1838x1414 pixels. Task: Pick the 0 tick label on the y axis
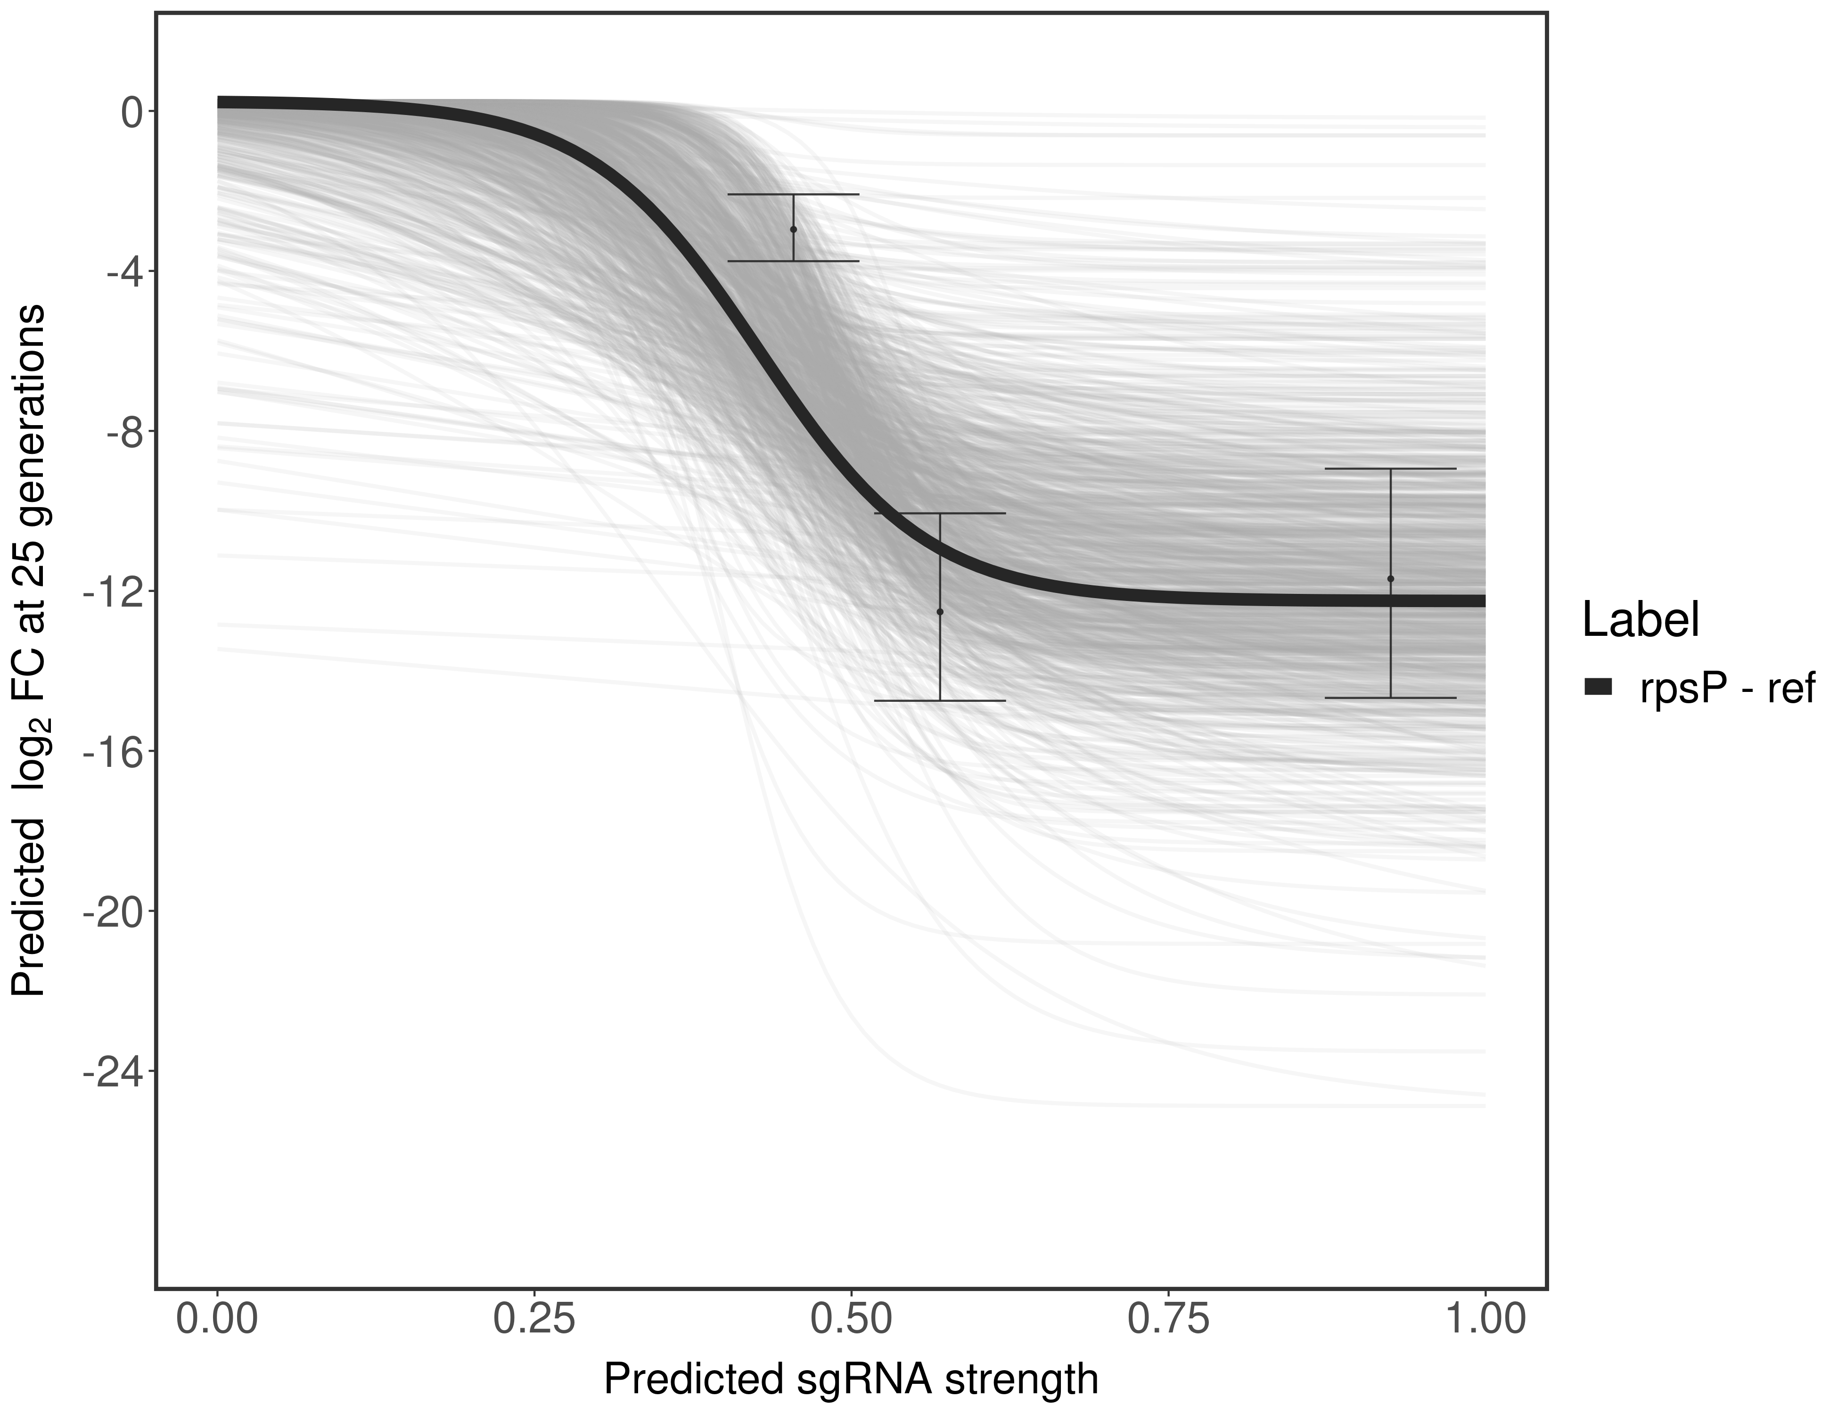(x=131, y=112)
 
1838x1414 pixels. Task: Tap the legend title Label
(x=1640, y=620)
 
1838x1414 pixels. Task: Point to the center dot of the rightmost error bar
(x=1390, y=578)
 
